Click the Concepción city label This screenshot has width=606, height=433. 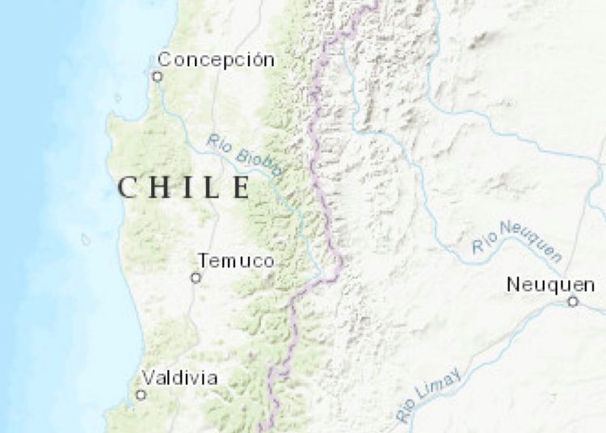216,60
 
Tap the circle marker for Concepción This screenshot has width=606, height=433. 158,77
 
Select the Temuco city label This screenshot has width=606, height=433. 236,261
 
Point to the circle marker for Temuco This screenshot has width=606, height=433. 196,278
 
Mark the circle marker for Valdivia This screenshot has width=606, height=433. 141,395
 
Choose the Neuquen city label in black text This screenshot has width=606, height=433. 551,284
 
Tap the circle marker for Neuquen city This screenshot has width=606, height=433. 573,301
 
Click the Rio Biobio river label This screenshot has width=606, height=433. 245,154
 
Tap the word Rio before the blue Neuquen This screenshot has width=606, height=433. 482,242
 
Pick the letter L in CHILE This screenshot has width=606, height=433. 211,188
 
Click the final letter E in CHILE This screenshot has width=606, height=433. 240,188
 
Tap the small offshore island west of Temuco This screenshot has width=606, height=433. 86,239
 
